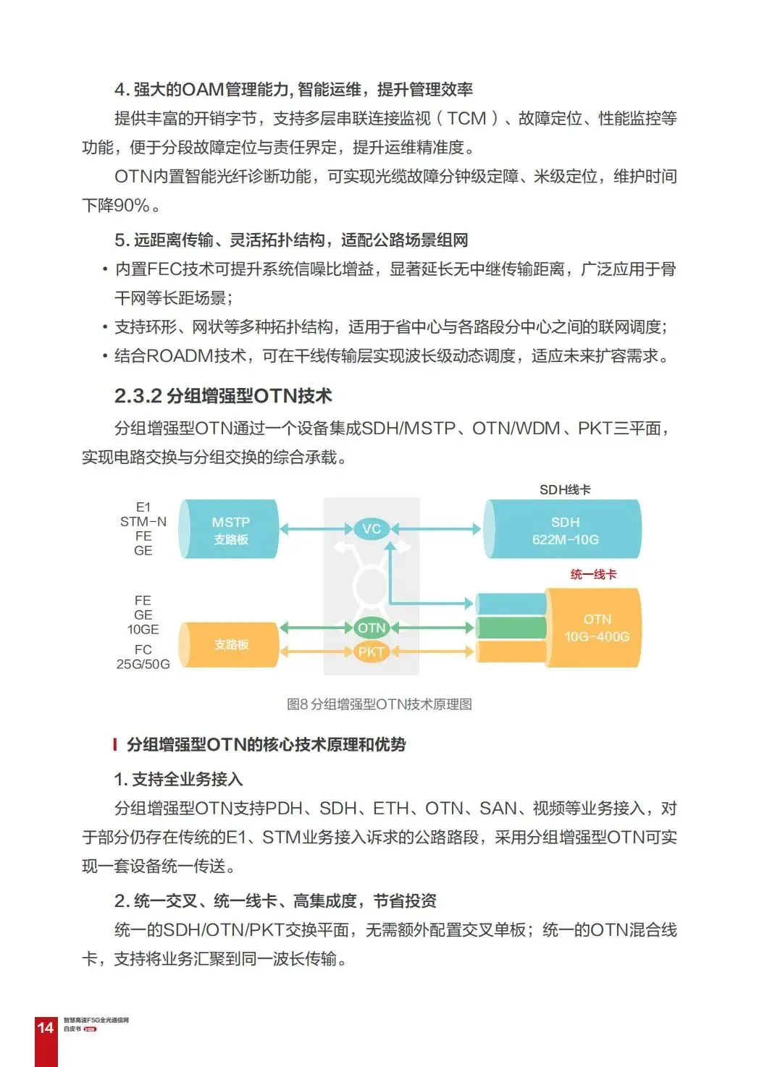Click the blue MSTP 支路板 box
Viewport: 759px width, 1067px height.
[230, 530]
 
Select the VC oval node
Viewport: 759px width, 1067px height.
[371, 528]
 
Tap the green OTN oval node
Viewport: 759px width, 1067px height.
[371, 628]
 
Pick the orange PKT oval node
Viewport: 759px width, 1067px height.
[371, 651]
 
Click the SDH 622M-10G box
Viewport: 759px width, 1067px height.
[564, 530]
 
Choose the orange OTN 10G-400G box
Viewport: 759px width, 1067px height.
[596, 628]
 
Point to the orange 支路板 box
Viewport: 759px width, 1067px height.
[230, 644]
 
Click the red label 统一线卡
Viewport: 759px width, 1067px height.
[593, 574]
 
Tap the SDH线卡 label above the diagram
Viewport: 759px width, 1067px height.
[565, 489]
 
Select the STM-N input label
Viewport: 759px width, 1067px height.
[143, 521]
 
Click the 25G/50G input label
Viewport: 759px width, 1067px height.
[143, 664]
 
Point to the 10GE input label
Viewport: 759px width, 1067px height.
[143, 629]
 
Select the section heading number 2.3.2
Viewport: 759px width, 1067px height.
[138, 396]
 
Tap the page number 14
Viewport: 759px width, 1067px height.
[45, 1027]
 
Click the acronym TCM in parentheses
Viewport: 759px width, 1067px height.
[466, 119]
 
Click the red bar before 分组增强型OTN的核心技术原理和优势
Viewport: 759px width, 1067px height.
[114, 744]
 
